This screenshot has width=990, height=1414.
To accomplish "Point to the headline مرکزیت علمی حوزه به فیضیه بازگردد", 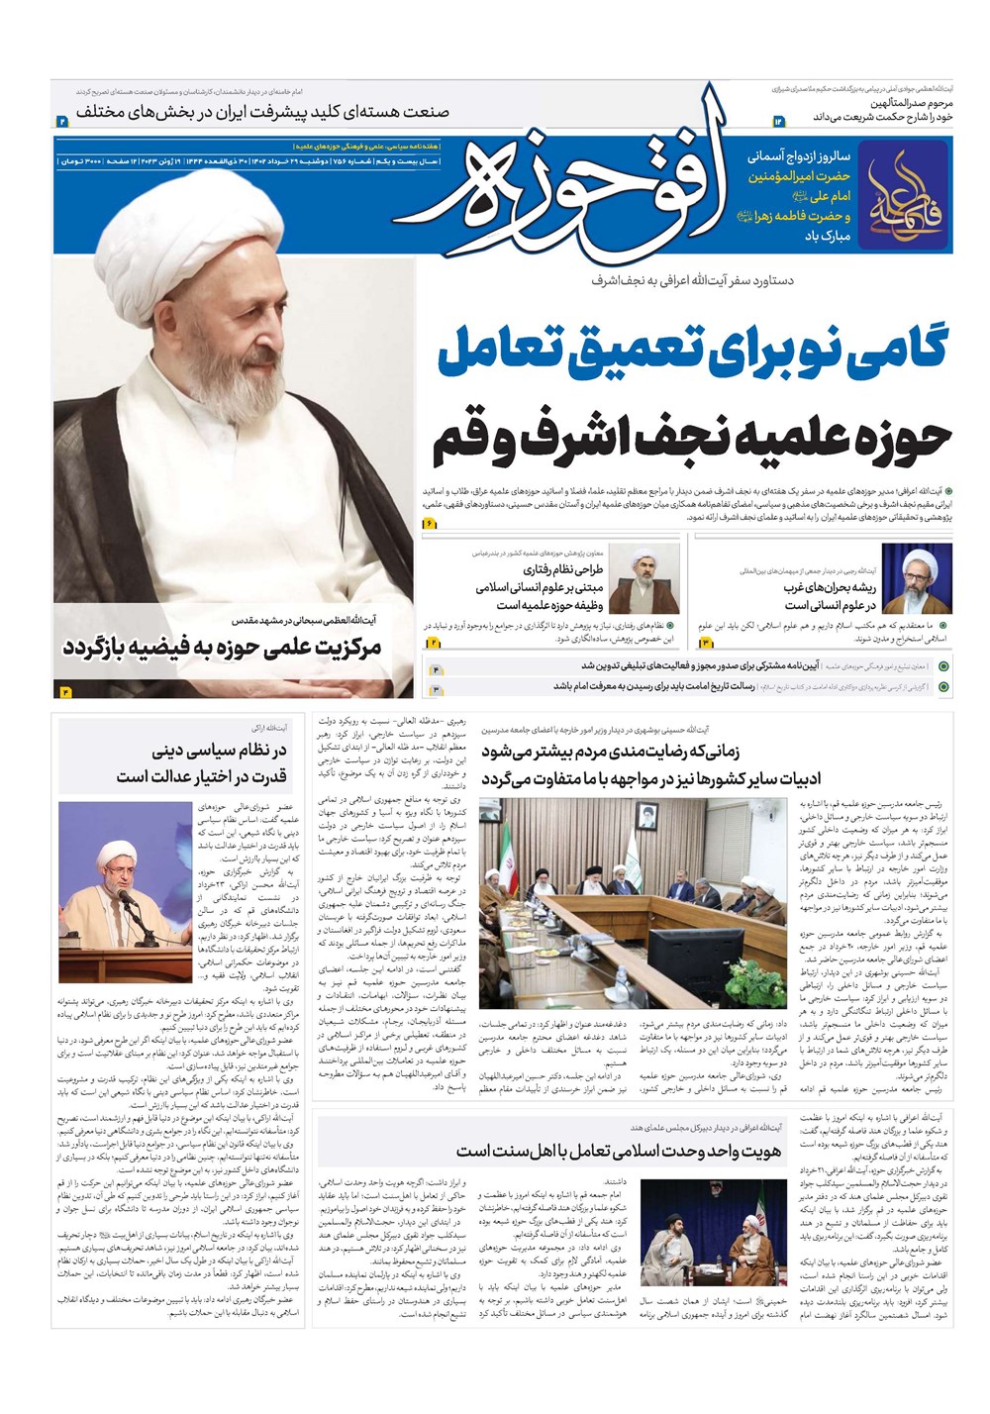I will point(222,648).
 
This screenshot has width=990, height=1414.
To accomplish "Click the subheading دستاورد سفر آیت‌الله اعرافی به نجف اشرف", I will point(692,281).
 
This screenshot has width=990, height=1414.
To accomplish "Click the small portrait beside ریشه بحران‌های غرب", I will point(917,579).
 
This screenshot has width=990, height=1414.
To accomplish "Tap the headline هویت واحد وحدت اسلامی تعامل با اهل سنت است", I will point(619,1150).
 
